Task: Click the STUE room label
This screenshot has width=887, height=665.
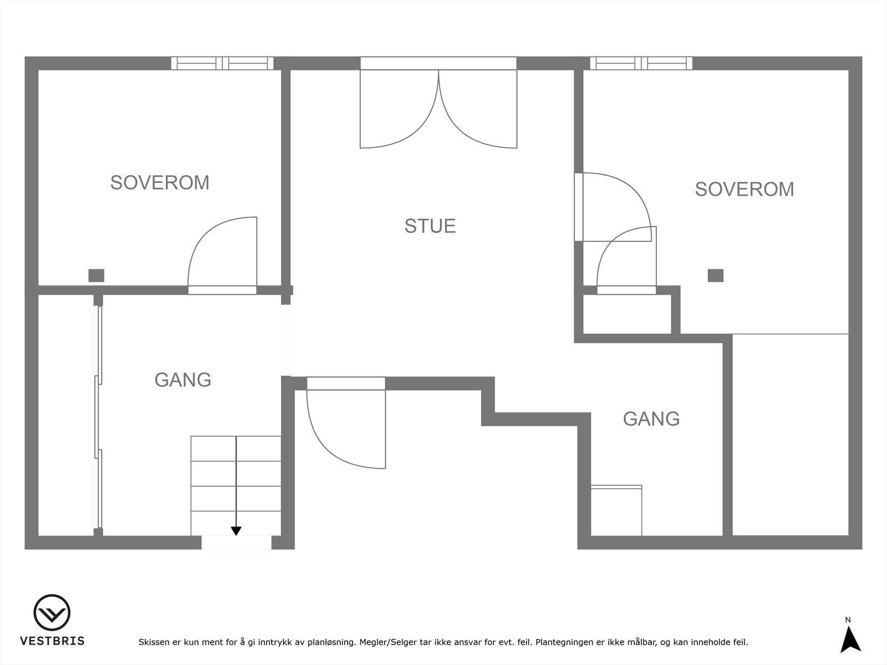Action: click(430, 226)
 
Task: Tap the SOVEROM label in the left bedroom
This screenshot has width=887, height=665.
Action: click(160, 182)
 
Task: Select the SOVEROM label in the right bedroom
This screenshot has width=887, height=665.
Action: click(744, 189)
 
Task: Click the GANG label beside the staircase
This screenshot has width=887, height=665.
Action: click(182, 380)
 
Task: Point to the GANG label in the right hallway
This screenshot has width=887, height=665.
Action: click(651, 418)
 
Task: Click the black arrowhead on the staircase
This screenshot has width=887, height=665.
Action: click(236, 531)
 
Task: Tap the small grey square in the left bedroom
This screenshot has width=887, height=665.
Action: click(96, 275)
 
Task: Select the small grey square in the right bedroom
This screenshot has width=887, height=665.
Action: click(715, 275)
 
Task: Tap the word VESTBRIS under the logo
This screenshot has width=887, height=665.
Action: click(52, 641)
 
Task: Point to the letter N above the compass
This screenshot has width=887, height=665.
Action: click(848, 620)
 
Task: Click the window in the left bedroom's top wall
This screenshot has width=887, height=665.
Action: click(222, 63)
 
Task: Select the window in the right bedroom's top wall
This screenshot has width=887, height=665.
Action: click(641, 63)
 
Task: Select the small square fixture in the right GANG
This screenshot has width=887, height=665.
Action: click(616, 510)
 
